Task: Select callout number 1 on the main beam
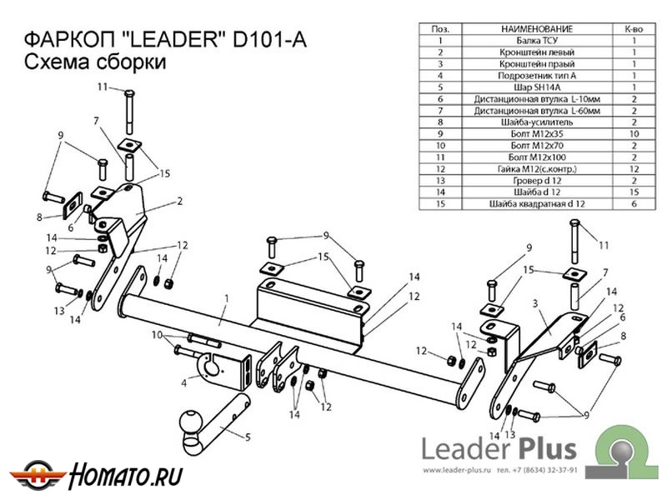(225, 296)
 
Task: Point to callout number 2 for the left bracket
(179, 201)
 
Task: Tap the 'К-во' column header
(632, 28)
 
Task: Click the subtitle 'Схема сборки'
(92, 62)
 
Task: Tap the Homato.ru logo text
(127, 477)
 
